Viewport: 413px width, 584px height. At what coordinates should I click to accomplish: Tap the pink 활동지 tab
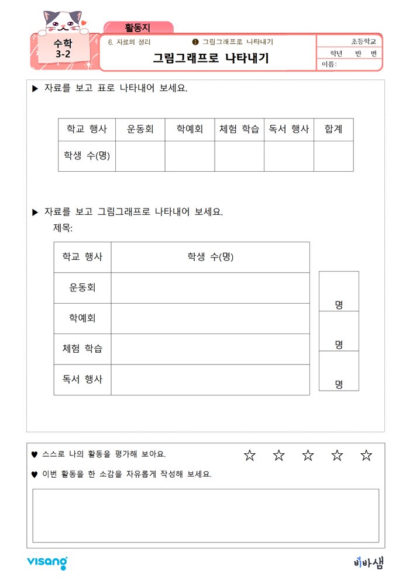(138, 27)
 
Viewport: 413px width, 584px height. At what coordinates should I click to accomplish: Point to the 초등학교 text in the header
(364, 42)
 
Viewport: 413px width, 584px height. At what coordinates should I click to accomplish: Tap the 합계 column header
(333, 130)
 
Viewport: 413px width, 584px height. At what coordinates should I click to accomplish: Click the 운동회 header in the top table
(140, 130)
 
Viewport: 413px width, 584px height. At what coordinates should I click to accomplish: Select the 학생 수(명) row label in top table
(87, 156)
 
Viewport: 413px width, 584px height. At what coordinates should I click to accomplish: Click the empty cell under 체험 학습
(239, 156)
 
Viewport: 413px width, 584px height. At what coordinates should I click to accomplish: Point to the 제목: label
(63, 227)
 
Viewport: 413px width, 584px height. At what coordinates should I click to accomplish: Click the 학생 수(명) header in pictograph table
(210, 257)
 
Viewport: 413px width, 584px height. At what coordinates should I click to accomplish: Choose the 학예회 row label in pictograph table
(82, 318)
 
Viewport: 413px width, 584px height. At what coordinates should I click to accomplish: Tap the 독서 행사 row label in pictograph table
(82, 380)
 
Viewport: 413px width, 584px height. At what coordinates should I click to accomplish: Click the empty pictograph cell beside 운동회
(210, 288)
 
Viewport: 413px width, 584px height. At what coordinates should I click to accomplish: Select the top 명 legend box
(339, 291)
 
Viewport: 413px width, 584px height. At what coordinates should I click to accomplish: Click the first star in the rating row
(250, 456)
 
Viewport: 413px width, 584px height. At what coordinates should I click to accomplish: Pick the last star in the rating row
(366, 456)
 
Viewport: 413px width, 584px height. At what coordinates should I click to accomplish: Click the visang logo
(47, 562)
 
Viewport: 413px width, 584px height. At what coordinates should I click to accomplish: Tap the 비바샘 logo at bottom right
(369, 562)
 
